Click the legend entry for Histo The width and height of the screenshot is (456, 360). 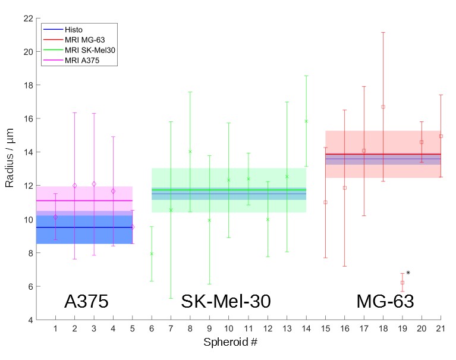73,29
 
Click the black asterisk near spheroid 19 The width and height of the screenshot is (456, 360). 408,274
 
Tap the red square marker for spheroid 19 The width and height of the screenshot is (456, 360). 402,283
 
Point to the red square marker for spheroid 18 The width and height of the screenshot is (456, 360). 383,107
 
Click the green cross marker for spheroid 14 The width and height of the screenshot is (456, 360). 306,121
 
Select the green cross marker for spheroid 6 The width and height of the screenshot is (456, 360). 152,254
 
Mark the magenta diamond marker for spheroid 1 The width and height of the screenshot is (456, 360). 55,217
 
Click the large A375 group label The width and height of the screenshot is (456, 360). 86,302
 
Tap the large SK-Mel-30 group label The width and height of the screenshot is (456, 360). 226,302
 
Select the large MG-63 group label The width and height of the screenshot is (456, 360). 385,302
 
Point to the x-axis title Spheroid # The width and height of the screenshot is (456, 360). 229,343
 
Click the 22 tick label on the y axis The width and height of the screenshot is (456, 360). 27,18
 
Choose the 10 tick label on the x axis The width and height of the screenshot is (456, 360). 229,329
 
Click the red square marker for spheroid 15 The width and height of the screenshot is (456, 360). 325,202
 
